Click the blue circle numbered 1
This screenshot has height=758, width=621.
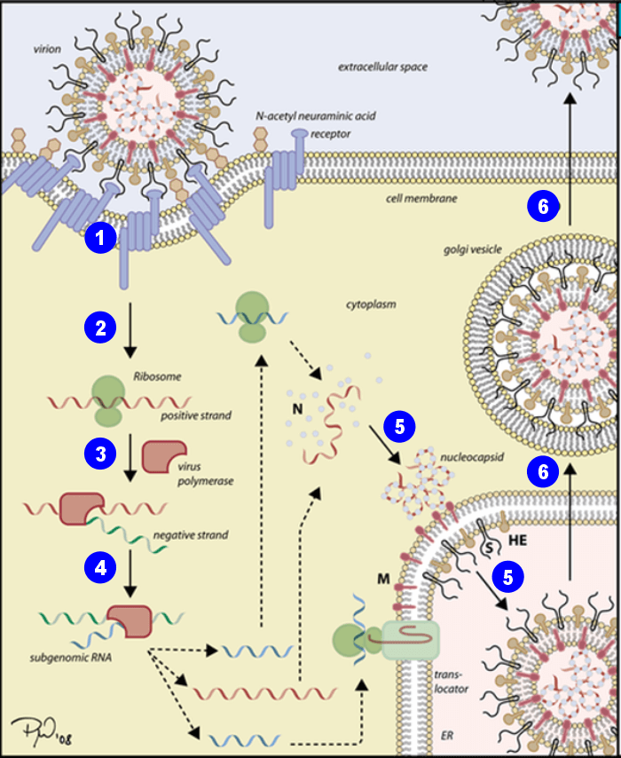[x=101, y=238]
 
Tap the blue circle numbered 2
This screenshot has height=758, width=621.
[x=101, y=328]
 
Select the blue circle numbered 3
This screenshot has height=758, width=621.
[x=101, y=454]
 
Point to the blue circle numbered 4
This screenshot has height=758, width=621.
[x=101, y=565]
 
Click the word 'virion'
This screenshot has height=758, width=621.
[x=43, y=50]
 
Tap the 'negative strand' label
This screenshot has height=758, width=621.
[x=190, y=535]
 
